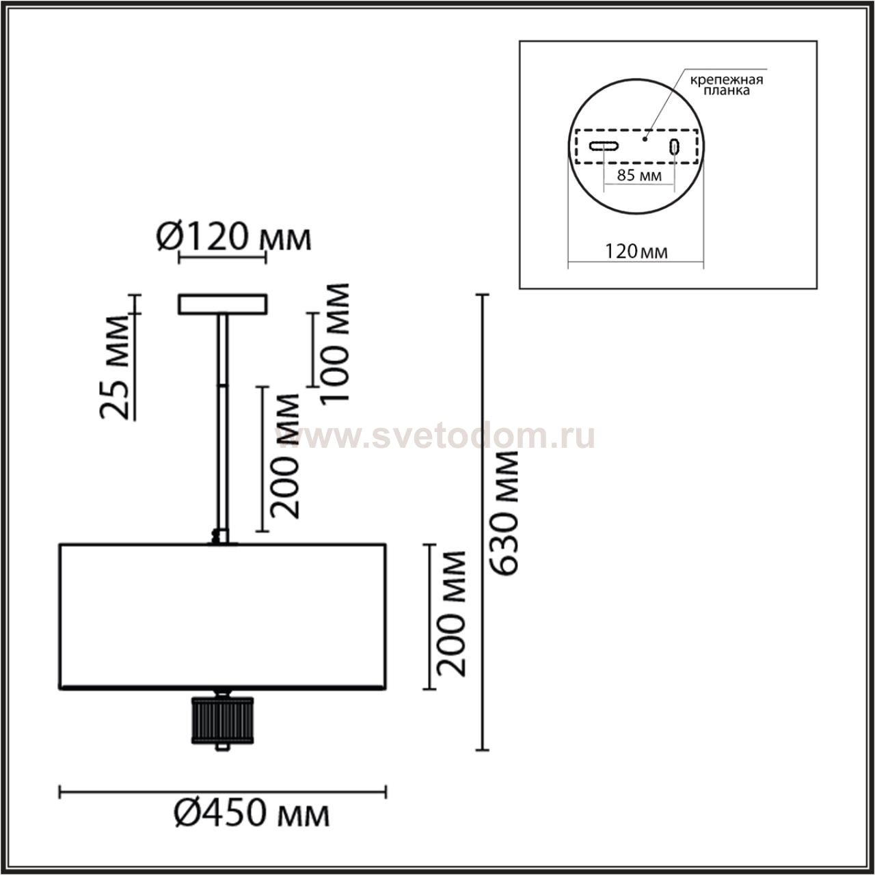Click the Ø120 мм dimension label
(234, 237)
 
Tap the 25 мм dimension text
(113, 367)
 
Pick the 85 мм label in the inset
(639, 175)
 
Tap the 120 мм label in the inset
(636, 252)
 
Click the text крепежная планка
(727, 85)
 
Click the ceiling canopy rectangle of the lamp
(222, 304)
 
